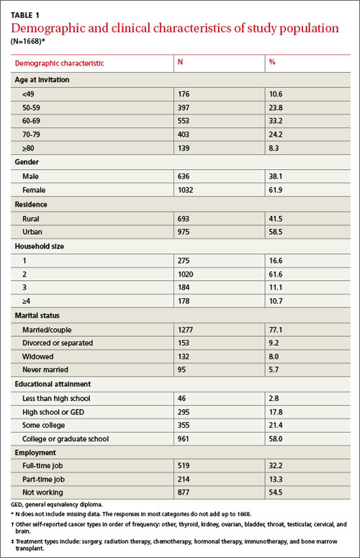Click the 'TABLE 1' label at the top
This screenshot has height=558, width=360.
(x=25, y=15)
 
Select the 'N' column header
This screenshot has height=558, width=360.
(x=180, y=62)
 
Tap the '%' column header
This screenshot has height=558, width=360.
(x=272, y=62)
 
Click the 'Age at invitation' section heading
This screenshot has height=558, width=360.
(x=42, y=80)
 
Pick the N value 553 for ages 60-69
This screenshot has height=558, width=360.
(x=184, y=121)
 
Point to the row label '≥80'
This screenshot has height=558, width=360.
(x=29, y=148)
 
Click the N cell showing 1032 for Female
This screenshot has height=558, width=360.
(x=185, y=190)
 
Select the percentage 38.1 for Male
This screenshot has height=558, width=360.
(x=276, y=176)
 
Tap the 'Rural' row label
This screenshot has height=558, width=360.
(x=30, y=219)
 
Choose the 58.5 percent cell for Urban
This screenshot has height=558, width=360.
(x=276, y=232)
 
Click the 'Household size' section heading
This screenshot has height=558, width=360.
(x=40, y=246)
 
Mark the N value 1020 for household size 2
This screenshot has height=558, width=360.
(x=185, y=274)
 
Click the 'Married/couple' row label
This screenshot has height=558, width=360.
(x=47, y=330)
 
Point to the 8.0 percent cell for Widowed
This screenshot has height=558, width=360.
(x=274, y=356)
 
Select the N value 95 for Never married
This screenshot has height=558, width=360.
(x=181, y=370)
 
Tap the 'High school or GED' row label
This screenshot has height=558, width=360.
(x=53, y=412)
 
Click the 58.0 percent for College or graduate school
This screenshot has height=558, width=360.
(x=276, y=438)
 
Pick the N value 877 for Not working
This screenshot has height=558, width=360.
(x=184, y=492)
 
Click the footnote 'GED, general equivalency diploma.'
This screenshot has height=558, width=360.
(x=57, y=505)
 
